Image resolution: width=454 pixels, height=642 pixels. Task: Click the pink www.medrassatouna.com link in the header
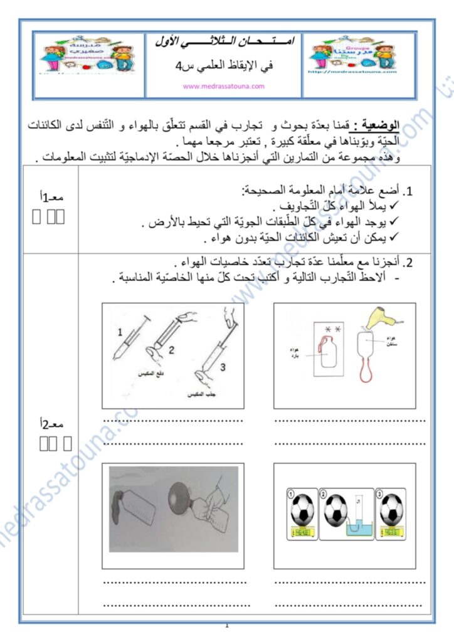point(223,87)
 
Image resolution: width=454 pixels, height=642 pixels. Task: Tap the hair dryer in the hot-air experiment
point(383,317)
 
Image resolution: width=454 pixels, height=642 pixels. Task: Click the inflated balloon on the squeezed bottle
point(170,494)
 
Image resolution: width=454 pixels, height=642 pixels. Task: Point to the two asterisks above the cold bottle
point(332,327)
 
